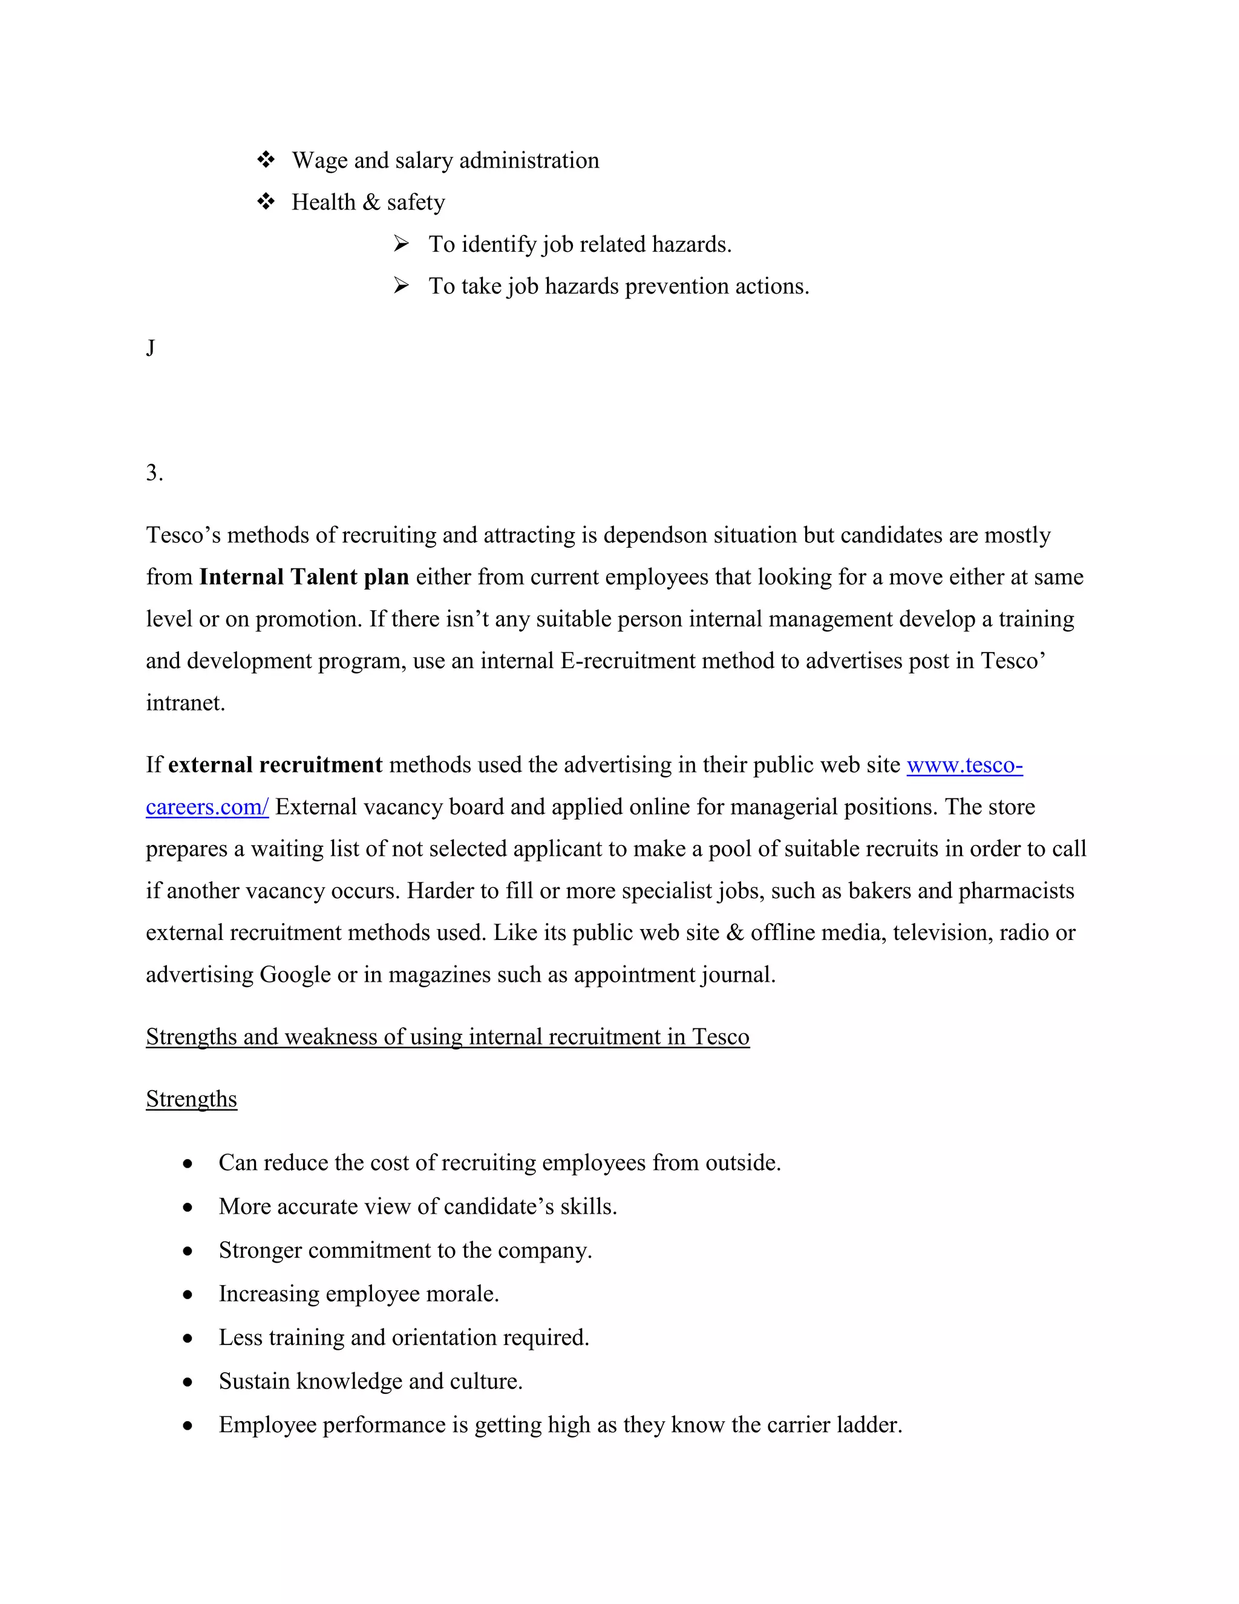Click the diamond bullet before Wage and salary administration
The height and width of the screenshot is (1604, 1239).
(x=266, y=159)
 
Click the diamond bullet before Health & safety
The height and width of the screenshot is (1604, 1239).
(x=266, y=201)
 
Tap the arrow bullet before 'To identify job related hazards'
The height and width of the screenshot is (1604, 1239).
(x=400, y=243)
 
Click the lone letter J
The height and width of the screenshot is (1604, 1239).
(x=151, y=347)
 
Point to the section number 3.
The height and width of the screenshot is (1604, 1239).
(x=154, y=472)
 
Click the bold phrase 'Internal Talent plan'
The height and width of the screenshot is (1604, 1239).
(x=304, y=576)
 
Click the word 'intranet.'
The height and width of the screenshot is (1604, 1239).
(x=185, y=703)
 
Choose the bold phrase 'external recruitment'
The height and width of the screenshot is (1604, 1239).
(x=275, y=764)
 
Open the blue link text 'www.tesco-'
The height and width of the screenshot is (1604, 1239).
(x=964, y=764)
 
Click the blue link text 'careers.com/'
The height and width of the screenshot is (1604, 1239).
(x=207, y=806)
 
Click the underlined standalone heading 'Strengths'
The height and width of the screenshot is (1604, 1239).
(x=192, y=1099)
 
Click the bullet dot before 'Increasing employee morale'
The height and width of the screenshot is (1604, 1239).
(x=188, y=1295)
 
